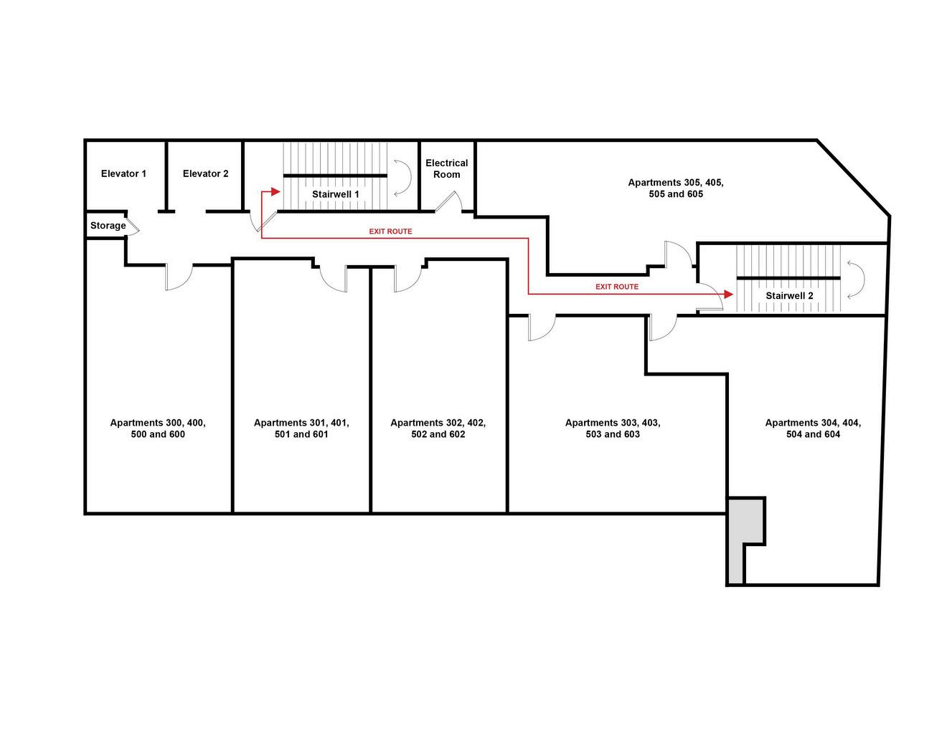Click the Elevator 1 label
(123, 173)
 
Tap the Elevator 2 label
(205, 173)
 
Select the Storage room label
(108, 226)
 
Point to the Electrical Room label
(446, 168)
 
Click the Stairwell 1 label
(335, 194)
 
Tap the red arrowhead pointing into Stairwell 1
(275, 191)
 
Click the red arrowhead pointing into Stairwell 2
(728, 295)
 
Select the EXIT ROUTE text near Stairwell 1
(390, 231)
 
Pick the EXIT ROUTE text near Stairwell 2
(617, 287)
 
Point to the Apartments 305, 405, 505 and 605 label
(676, 188)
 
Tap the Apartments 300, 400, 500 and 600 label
(158, 429)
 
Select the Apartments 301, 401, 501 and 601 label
(301, 429)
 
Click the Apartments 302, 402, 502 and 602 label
(438, 429)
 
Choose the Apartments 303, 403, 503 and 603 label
(612, 429)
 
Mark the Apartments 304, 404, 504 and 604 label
(813, 429)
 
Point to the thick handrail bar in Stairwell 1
(335, 176)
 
